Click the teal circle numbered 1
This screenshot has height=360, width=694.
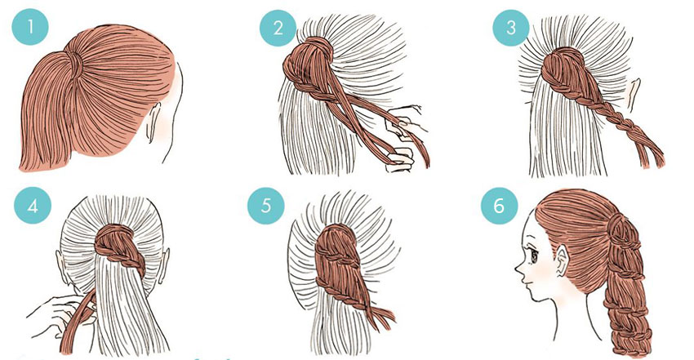(30, 27)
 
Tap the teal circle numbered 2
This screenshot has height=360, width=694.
(278, 28)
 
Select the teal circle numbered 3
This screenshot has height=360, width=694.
(511, 28)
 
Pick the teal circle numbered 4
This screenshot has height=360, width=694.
(33, 206)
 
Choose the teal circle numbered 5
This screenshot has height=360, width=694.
(265, 206)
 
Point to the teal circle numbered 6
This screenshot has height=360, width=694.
(500, 206)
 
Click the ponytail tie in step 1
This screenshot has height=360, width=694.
(76, 61)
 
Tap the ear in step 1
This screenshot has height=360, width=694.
(153, 121)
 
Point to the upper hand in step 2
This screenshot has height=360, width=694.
(407, 120)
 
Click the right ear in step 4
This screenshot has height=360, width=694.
(166, 265)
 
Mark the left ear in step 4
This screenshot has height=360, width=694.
(61, 266)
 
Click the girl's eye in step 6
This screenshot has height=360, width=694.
(534, 256)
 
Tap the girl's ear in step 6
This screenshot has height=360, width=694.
(563, 262)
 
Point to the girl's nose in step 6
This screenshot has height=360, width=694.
(518, 267)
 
